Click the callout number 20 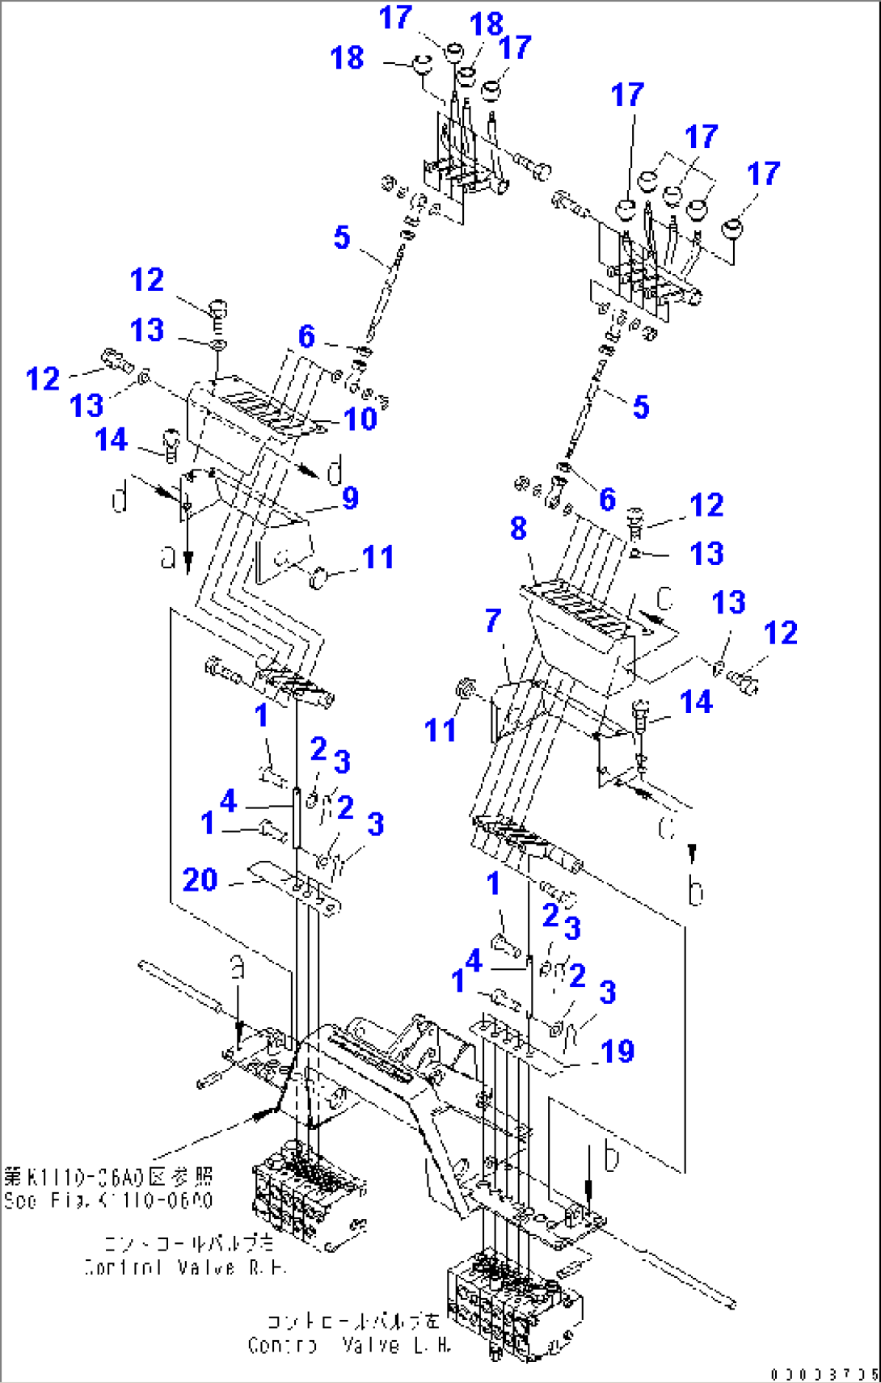[200, 879]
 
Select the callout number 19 [618, 1051]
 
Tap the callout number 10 [360, 419]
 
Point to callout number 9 [350, 497]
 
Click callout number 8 [518, 529]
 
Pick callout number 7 [493, 621]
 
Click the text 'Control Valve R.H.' [185, 1267]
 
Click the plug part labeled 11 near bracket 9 [318, 577]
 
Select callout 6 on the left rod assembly [306, 336]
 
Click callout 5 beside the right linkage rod [640, 407]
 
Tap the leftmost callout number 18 [347, 58]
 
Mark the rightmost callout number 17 [763, 174]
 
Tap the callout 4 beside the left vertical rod [229, 800]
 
